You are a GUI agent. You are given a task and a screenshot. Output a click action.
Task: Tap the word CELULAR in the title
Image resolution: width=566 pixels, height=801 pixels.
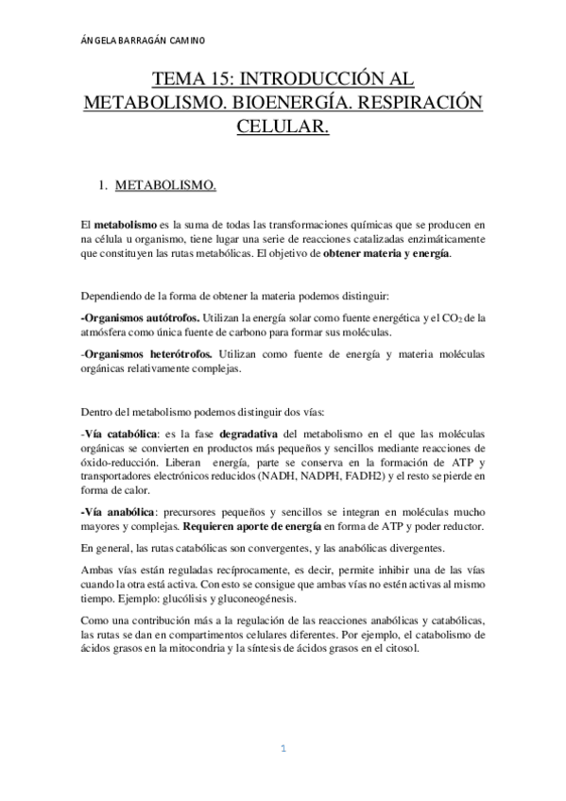(x=283, y=127)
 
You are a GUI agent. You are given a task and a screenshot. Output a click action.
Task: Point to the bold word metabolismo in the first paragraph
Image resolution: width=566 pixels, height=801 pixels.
(x=125, y=224)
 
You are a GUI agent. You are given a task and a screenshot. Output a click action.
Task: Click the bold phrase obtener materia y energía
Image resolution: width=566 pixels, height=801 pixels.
(x=386, y=254)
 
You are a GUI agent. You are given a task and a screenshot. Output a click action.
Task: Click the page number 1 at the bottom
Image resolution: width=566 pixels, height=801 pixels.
(x=282, y=749)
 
